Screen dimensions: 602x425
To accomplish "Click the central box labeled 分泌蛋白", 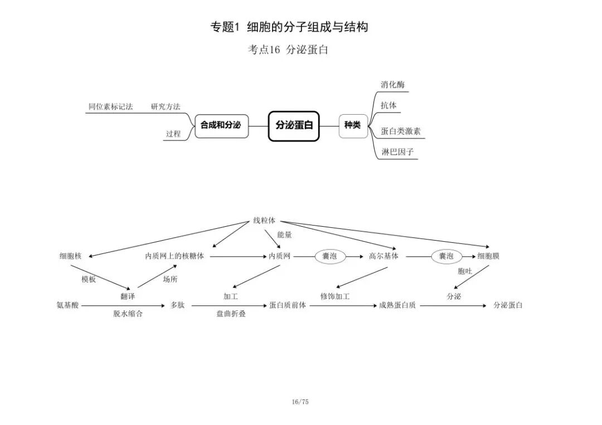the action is (x=294, y=126).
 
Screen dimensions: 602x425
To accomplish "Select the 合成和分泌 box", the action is (x=221, y=126).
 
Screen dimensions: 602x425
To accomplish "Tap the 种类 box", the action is (x=353, y=126).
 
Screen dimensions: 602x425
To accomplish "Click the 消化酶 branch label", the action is (x=393, y=85).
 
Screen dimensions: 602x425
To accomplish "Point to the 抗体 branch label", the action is (x=389, y=105).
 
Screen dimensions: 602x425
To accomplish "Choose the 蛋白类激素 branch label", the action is (x=401, y=131).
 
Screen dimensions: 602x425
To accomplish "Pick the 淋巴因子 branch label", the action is (x=397, y=152).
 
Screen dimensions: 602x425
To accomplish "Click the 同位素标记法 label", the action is (x=110, y=106).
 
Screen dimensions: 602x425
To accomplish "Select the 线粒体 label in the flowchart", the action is (x=264, y=221).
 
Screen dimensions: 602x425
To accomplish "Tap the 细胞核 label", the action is (x=71, y=256).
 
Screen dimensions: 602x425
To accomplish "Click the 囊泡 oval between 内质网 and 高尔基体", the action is (x=330, y=256).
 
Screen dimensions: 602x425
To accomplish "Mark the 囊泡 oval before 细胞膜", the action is (x=446, y=256).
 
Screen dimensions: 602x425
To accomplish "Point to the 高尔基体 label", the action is (x=383, y=256).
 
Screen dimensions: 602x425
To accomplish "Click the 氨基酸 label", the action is (x=67, y=305).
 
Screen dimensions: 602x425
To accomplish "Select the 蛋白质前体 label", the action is (x=288, y=305).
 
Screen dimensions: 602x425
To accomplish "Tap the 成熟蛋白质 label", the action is (x=397, y=305).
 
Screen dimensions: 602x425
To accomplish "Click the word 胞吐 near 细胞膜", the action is (x=464, y=271).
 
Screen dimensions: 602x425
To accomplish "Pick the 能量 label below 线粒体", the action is (x=284, y=235).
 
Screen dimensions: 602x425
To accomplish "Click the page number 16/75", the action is (x=300, y=402).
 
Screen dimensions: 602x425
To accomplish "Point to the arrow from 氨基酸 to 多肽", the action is (x=123, y=306).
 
